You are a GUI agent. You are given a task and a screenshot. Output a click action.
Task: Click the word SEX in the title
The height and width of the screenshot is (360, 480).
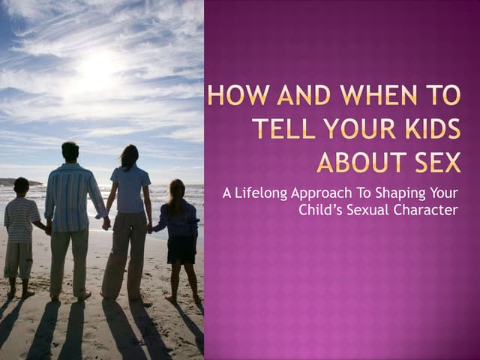[x=434, y=161]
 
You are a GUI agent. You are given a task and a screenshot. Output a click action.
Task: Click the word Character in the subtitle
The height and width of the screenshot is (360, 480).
[x=427, y=211]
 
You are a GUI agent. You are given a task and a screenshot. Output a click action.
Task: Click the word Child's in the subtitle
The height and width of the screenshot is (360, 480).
[x=322, y=210]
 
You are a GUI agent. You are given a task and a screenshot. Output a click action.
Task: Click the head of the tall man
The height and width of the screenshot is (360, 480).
[x=70, y=151]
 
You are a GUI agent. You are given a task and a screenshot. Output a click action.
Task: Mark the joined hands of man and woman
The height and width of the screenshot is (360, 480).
[x=106, y=222]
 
